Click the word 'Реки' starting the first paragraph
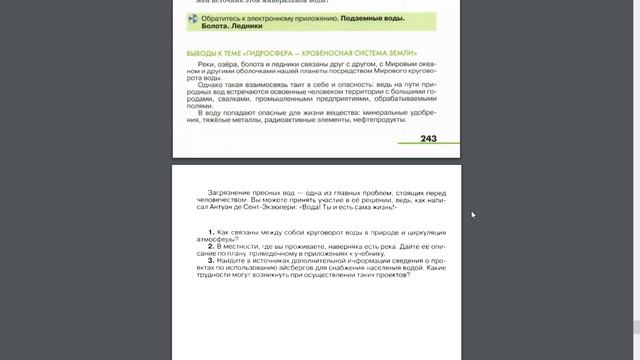pos(209,65)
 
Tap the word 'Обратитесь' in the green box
pos(225,20)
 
